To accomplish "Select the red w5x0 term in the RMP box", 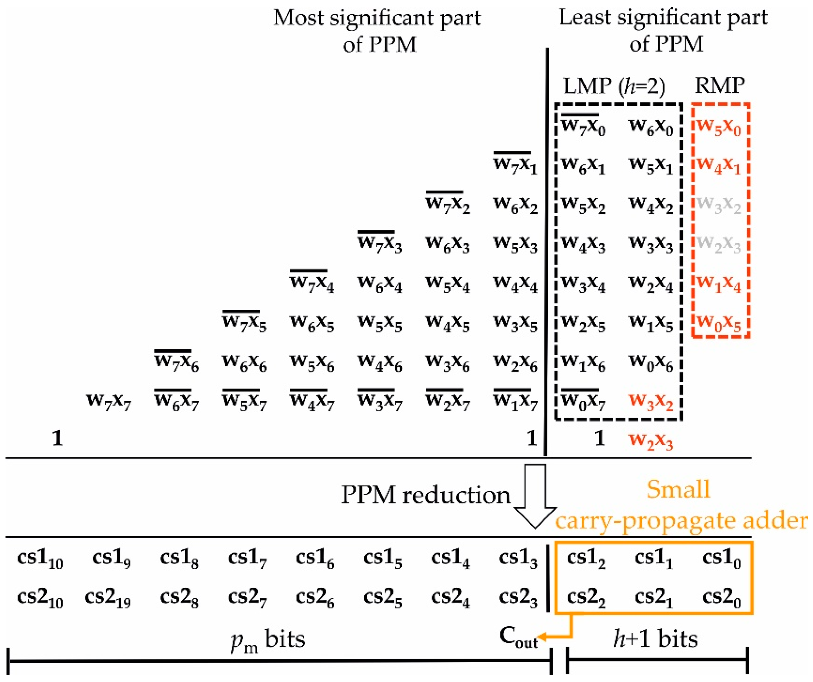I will pos(718,127).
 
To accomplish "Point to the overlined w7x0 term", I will pos(583,126).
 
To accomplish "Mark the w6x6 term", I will pos(244,362).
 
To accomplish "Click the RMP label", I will pos(720,85).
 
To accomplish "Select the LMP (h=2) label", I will pos(614,86).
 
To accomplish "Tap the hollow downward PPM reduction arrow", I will pos(535,496).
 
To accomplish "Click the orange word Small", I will pos(678,489).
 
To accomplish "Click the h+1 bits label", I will pos(655,639).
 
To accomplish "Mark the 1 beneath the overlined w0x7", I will pos(599,438).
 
